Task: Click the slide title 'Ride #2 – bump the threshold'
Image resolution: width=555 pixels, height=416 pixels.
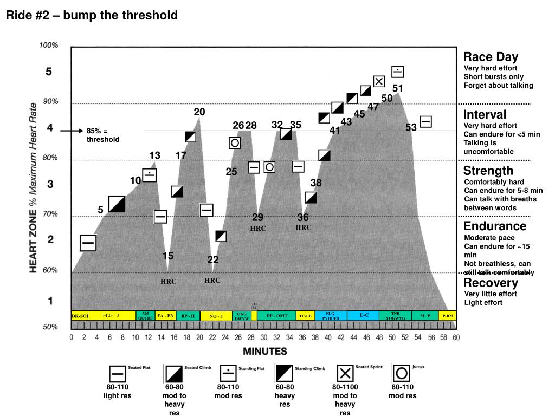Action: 92,15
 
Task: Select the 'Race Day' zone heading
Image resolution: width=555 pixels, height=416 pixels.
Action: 491,57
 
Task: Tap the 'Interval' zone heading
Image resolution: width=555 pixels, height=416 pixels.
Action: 485,114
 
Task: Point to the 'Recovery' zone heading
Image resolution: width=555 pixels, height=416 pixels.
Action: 491,283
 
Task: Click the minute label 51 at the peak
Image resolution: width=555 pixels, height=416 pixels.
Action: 397,88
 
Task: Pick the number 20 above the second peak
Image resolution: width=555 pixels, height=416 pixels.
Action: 199,112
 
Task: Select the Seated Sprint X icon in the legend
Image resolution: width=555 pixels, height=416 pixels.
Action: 345,373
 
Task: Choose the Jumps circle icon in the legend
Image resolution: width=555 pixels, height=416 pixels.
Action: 402,373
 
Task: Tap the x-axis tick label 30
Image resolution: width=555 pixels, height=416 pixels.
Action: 264,337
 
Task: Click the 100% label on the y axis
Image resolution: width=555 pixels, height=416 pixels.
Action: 49,45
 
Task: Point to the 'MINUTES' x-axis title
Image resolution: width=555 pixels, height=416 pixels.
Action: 264,351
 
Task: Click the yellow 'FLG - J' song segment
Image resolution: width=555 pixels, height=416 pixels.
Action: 111,315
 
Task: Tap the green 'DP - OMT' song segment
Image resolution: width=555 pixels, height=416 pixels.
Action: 276,316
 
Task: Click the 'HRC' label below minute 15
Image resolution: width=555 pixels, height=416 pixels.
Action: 168,282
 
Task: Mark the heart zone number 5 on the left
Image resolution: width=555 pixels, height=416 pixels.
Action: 49,71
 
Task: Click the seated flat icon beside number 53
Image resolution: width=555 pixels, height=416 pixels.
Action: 426,122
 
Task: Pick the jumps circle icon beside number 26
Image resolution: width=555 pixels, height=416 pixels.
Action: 235,142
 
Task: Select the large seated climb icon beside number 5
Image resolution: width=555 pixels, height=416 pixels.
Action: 117,204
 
